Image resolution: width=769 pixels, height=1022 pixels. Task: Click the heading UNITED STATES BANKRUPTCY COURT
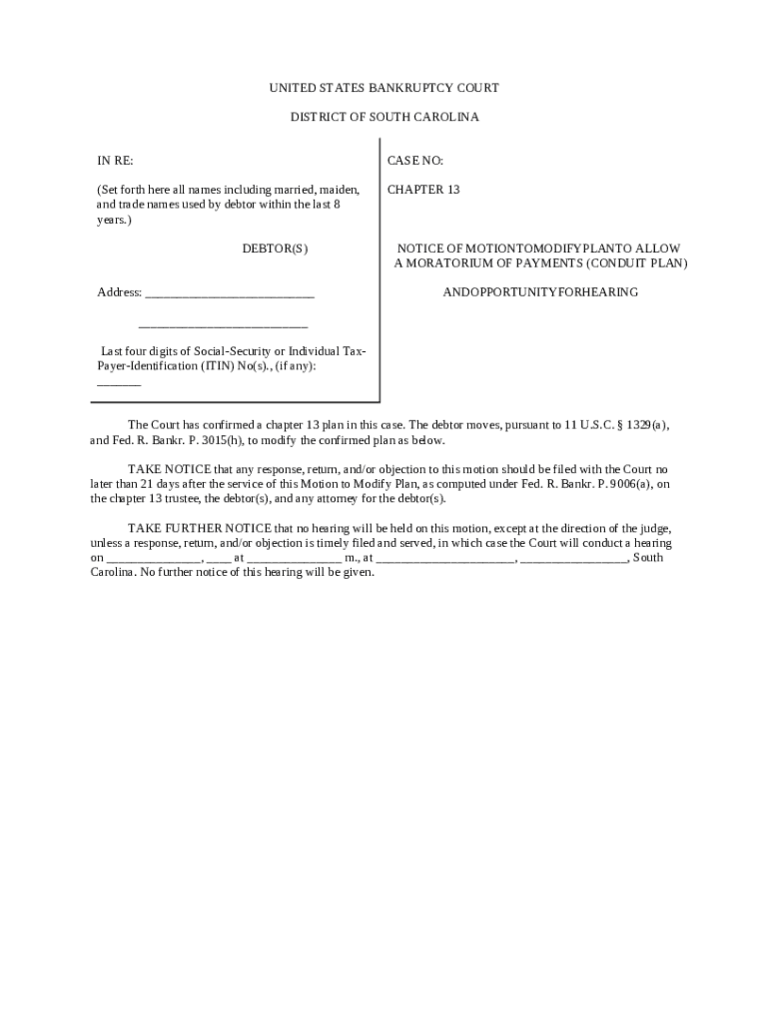click(384, 89)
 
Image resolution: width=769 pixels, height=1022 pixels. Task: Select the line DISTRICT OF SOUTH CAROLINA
click(384, 118)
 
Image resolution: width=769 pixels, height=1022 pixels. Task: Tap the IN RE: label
click(114, 161)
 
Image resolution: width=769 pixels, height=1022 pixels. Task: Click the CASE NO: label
click(415, 161)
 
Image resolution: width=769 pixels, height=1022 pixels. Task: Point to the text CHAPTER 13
click(423, 190)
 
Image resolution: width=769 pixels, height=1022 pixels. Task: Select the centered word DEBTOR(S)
click(275, 249)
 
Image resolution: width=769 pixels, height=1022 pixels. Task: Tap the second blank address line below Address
click(223, 325)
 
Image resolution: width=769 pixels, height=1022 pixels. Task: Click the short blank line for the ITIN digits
click(119, 383)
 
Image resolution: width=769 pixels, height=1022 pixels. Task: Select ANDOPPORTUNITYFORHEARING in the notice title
click(540, 293)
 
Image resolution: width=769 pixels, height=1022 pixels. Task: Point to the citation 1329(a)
click(647, 425)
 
